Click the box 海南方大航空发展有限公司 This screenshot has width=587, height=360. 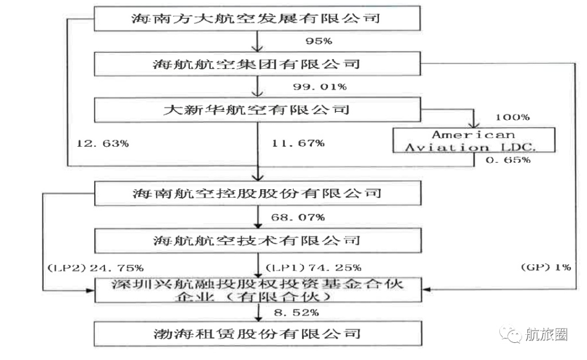tap(257, 18)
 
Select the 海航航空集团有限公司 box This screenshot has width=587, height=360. tap(257, 64)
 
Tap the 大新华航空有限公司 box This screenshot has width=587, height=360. tap(257, 110)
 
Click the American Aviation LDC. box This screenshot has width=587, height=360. tap(473, 140)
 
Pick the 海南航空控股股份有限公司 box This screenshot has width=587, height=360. tap(257, 194)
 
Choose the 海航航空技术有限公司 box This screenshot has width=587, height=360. tap(258, 241)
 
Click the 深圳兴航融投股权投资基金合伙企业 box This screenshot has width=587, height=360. tap(258, 290)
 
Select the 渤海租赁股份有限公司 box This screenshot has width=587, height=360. tap(258, 334)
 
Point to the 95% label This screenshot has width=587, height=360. tap(319, 41)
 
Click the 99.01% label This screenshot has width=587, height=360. tap(320, 87)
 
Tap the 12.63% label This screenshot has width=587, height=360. tap(103, 143)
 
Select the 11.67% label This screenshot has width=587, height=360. tap(298, 143)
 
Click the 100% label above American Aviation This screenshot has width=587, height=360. tap(512, 118)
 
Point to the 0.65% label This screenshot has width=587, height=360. tap(508, 160)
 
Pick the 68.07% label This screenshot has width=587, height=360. tap(298, 217)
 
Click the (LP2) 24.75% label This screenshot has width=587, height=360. tap(96, 268)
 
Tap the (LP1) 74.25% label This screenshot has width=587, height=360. tap(314, 268)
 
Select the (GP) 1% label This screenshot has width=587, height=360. tap(546, 268)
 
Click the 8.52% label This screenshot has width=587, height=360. tap(296, 313)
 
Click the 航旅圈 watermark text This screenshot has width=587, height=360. tap(546, 334)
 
